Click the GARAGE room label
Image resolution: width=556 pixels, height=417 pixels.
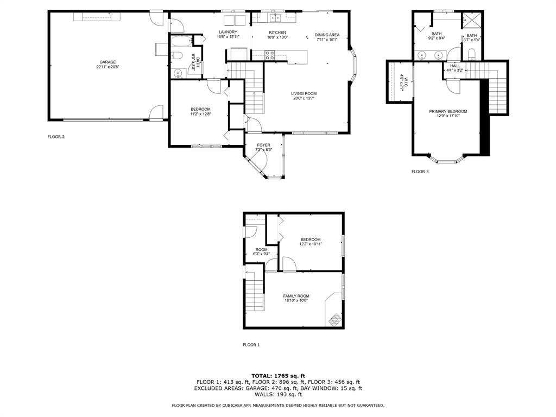(x=107, y=62)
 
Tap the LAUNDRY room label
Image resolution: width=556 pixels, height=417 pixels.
(x=228, y=32)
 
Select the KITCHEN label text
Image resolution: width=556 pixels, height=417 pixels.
(x=277, y=33)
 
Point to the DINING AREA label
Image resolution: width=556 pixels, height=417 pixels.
(x=327, y=35)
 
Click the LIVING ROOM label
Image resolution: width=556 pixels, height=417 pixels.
(x=304, y=93)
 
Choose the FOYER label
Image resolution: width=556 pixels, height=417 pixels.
(x=263, y=145)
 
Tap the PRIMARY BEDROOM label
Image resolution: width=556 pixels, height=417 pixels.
(x=448, y=111)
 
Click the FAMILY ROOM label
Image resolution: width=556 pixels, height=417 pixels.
(x=296, y=296)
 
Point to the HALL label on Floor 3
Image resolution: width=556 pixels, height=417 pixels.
(x=454, y=66)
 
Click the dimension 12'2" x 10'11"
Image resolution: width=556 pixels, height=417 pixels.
(x=311, y=244)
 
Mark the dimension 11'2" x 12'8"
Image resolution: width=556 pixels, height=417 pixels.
(x=200, y=114)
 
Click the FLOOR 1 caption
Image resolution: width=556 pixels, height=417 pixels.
(x=251, y=345)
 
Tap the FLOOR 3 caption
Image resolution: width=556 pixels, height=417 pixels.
(x=420, y=172)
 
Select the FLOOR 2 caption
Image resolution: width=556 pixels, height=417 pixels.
(x=56, y=137)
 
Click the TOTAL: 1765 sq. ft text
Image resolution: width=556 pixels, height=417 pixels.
(x=278, y=376)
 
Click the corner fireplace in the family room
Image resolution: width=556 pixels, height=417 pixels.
(x=333, y=319)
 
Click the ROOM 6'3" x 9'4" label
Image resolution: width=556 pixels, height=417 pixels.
(x=262, y=251)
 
